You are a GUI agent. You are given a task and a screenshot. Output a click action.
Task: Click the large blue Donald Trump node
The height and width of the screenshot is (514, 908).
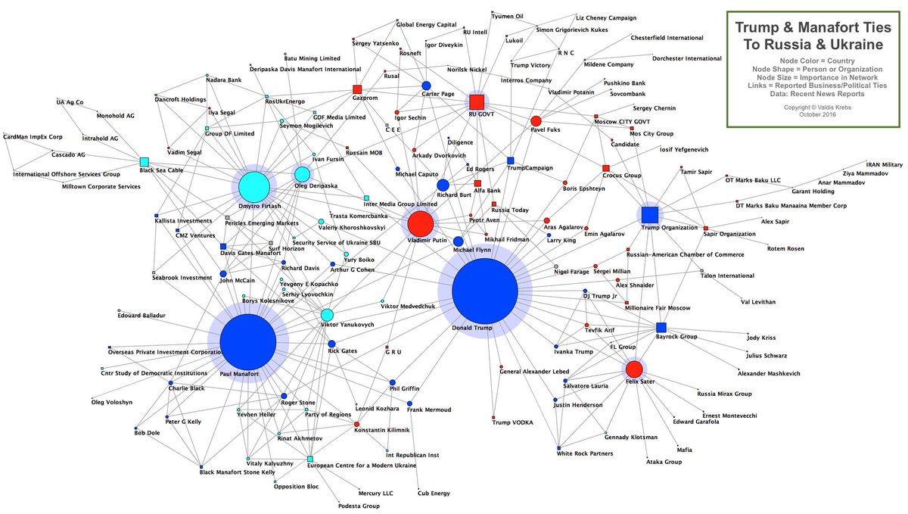[x=485, y=291]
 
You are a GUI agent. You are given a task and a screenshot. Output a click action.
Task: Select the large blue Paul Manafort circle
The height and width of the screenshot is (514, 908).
[x=248, y=343]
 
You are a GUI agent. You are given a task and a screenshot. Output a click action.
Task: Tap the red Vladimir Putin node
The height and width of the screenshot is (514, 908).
[x=420, y=224]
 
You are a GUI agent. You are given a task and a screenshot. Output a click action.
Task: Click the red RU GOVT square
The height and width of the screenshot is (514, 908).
[x=476, y=102]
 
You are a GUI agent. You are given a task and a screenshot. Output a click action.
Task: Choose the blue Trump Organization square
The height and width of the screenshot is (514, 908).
[x=650, y=214]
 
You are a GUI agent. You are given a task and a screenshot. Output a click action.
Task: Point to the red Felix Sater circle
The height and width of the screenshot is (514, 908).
[x=634, y=369]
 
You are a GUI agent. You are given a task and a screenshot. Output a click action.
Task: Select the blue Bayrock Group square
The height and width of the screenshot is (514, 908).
[x=661, y=327]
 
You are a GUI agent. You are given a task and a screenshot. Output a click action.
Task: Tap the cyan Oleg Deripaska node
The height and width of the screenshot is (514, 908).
[x=302, y=175]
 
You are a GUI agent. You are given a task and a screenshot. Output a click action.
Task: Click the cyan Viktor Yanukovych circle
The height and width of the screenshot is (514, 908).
[x=327, y=315]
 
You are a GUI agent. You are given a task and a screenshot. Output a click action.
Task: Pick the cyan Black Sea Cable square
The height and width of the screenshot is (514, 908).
[x=144, y=161]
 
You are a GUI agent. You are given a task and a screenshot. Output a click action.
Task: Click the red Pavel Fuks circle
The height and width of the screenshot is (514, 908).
[x=536, y=121]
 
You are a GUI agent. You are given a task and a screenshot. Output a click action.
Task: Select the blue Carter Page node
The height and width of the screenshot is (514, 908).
[x=427, y=86]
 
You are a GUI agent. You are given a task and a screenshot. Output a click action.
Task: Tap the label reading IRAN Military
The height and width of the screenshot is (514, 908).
[x=885, y=164]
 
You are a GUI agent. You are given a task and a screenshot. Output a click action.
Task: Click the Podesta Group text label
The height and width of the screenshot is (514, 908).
[x=359, y=506]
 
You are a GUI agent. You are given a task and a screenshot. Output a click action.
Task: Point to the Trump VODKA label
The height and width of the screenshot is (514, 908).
[x=513, y=422]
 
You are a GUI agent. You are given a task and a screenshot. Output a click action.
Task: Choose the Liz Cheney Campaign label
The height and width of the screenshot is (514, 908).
[x=606, y=17]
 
